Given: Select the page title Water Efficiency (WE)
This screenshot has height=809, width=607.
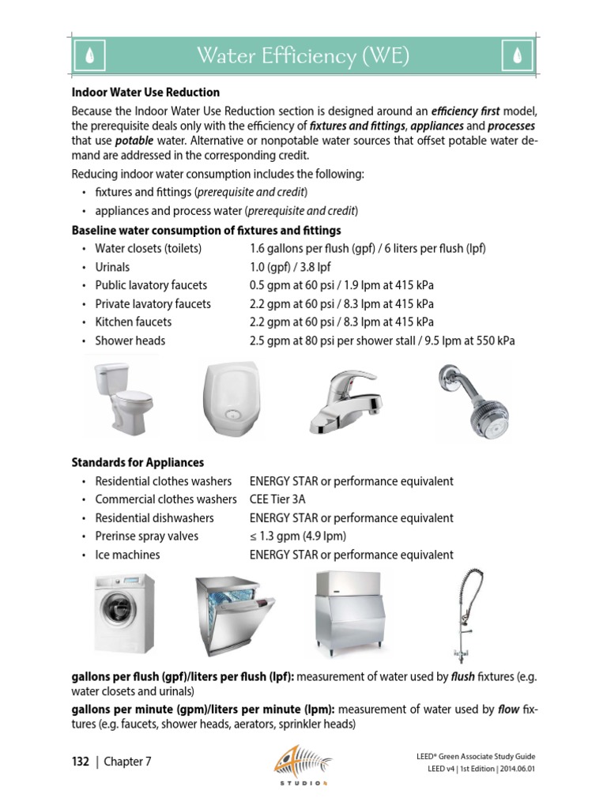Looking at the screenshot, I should point(303,56).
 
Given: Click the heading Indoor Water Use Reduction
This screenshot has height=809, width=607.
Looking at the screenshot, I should point(145,92).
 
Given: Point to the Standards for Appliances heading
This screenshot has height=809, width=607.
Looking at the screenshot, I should point(138,462).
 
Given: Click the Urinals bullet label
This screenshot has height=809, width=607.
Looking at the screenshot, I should point(112,267).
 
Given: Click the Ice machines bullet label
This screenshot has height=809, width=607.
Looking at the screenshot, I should point(127,555).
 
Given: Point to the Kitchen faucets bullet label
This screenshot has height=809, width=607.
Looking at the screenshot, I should point(133,322).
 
